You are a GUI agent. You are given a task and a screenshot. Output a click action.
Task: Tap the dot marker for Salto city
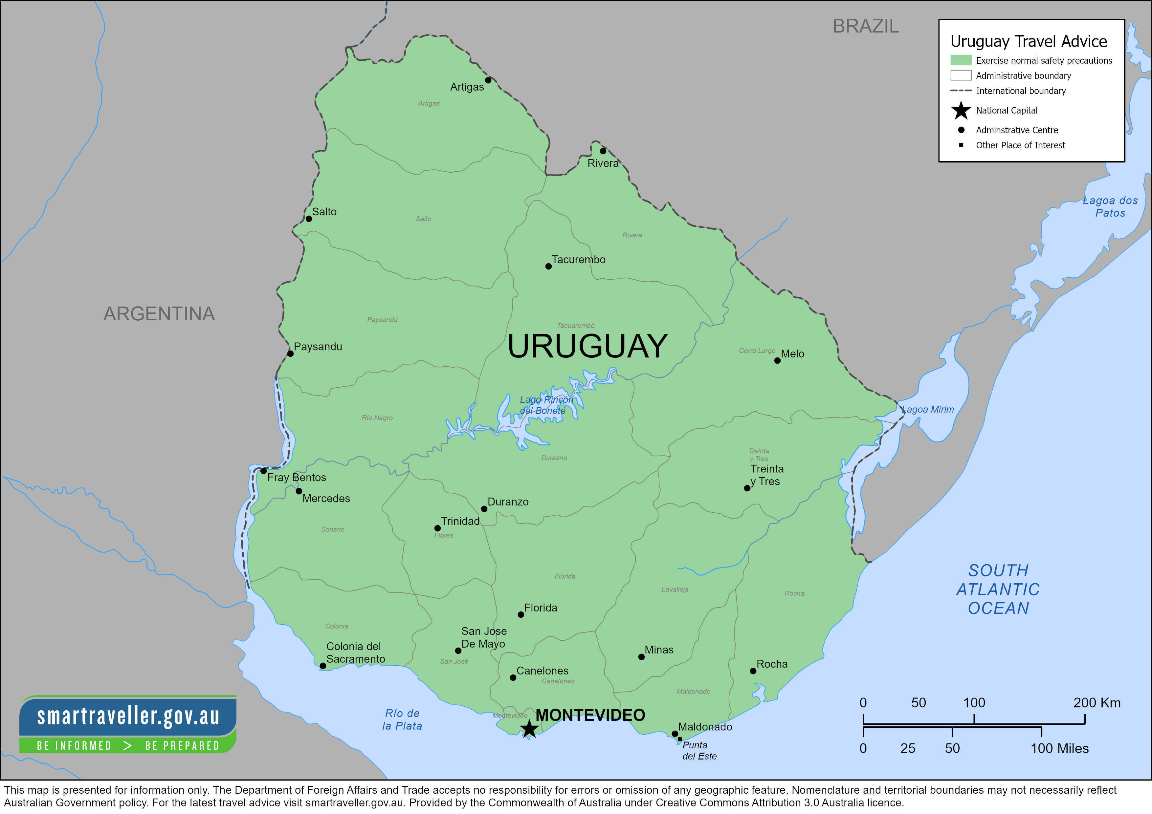[309, 219]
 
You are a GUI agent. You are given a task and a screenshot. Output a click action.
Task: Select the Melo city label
[792, 353]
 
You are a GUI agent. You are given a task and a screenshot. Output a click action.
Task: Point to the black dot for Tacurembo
[548, 266]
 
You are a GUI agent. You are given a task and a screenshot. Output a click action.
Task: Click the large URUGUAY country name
[587, 346]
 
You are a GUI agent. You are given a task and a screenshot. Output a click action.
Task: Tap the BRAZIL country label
[866, 26]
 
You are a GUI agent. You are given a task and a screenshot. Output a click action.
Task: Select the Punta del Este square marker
[680, 739]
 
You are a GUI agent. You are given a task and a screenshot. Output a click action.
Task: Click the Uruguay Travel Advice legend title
[1028, 41]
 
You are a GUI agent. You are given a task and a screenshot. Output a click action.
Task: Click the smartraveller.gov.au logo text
[128, 716]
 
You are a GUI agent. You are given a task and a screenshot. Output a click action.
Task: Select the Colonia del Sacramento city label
[355, 653]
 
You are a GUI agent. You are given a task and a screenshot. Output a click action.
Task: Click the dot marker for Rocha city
[753, 671]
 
